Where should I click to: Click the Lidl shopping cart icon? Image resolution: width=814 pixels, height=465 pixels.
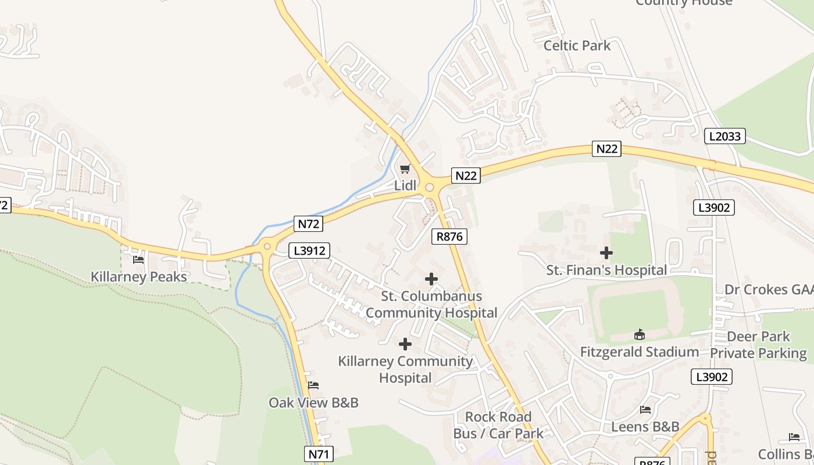[405, 169]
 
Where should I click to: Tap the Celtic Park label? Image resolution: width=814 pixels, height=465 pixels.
[577, 45]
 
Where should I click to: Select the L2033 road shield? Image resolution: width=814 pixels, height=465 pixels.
[725, 137]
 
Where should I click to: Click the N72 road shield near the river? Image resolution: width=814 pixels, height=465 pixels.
[308, 224]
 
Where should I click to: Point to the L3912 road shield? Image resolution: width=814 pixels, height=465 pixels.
[309, 251]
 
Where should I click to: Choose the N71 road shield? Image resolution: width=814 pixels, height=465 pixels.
[319, 454]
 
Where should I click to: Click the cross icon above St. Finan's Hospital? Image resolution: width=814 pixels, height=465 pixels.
[606, 253]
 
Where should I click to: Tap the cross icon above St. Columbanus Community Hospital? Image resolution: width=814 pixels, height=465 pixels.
[431, 279]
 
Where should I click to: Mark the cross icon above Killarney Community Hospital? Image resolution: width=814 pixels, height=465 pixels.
[405, 345]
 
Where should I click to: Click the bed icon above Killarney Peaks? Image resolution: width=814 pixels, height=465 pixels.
[138, 260]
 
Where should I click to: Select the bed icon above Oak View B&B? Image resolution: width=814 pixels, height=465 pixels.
[313, 385]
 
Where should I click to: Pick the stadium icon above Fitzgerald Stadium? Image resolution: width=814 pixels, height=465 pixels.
[640, 334]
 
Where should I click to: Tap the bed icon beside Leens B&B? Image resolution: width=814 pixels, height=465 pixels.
[645, 410]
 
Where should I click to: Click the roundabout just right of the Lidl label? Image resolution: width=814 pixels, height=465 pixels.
[430, 188]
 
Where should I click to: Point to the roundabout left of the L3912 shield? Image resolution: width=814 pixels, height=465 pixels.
[267, 246]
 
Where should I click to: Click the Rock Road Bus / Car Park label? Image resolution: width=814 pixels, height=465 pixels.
[498, 425]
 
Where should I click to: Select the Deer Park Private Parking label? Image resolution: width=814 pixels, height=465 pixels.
[758, 345]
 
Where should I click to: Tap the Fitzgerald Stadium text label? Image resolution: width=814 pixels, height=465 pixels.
[640, 352]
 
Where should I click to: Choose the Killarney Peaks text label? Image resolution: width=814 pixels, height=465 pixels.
[139, 277]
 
